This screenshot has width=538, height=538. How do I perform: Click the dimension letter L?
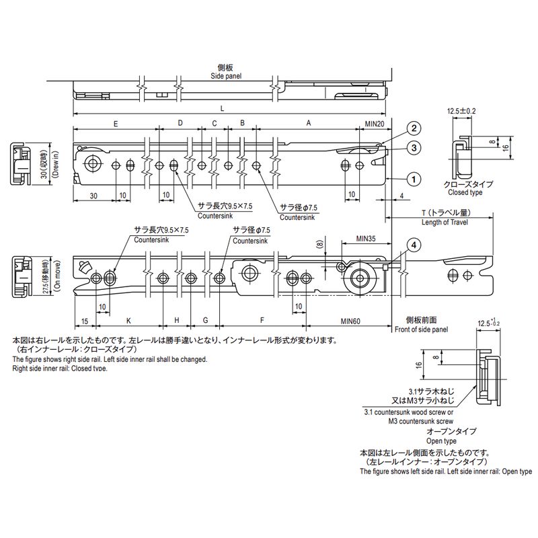(x=223, y=108)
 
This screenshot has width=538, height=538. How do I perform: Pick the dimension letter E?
(x=116, y=124)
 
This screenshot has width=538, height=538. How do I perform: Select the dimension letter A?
(x=309, y=124)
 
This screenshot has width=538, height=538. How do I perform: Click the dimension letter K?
(x=128, y=321)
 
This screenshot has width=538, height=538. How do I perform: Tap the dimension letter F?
(x=261, y=321)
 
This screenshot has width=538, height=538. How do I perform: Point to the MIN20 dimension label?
(x=375, y=124)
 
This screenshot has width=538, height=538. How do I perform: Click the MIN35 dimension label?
(x=366, y=239)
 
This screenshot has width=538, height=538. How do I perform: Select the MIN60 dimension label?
(x=352, y=321)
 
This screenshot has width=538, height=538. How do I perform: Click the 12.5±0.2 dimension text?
(x=462, y=110)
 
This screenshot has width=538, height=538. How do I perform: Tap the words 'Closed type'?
(x=467, y=192)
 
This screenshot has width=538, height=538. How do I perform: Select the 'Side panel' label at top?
(x=227, y=77)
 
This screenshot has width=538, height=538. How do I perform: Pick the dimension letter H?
(x=177, y=321)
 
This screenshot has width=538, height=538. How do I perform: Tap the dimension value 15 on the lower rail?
(x=85, y=321)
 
